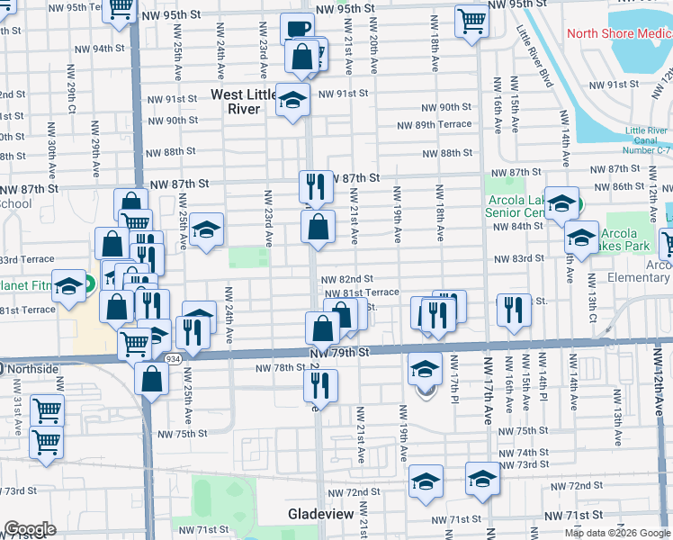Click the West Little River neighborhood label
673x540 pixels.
tap(247, 101)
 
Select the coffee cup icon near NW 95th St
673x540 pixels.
tap(297, 28)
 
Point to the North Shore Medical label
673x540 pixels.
tap(619, 34)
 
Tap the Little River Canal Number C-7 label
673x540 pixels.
tap(645, 140)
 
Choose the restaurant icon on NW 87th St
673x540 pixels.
tap(315, 186)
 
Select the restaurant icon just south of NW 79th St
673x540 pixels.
tap(319, 385)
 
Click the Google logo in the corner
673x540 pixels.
tap(30, 529)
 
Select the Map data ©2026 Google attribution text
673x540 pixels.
tap(617, 533)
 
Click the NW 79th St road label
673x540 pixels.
tap(340, 353)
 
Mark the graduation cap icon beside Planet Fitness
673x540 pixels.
tap(68, 286)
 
